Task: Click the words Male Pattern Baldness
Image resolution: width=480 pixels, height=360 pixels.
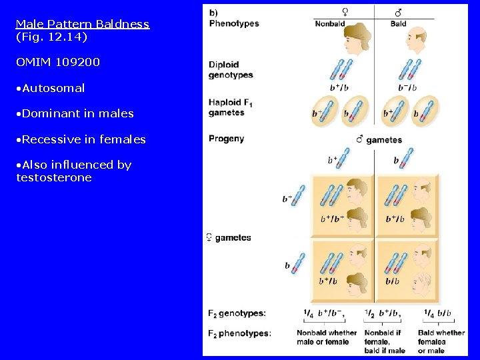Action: click(83, 24)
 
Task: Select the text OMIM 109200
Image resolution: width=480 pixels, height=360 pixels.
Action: click(58, 62)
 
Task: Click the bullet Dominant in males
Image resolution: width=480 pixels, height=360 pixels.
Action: click(77, 113)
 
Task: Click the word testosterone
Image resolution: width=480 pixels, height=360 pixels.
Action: click(54, 177)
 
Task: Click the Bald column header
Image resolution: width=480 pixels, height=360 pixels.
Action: click(398, 24)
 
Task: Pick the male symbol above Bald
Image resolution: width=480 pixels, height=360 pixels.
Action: click(398, 12)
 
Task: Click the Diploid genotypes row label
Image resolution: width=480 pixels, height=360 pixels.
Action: click(231, 70)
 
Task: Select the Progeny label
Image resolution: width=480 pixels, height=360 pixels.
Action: click(226, 139)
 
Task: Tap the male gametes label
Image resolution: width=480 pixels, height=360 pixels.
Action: click(379, 140)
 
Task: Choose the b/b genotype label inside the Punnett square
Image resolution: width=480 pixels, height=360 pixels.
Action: click(393, 281)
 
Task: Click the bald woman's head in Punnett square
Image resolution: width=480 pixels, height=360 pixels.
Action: click(422, 281)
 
